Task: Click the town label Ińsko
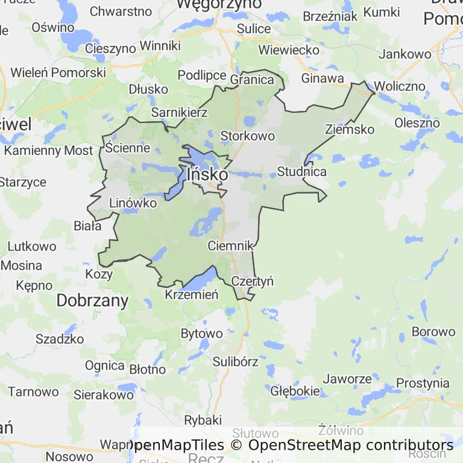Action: pos(207,174)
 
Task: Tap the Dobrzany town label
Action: pos(92,301)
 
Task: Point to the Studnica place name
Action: pos(301,172)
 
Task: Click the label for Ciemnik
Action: pos(230,246)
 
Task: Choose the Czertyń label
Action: pos(253,281)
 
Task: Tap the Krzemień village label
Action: pos(191,294)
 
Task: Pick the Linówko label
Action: pos(133,203)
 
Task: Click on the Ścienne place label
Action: pos(127,148)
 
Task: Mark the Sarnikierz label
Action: pos(179,112)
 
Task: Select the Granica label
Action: pos(252,80)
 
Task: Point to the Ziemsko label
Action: pos(349,129)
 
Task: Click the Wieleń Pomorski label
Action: pos(58,72)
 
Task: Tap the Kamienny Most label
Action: pos(49,150)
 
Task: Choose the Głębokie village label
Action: pos(295,391)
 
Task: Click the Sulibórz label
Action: pos(235,362)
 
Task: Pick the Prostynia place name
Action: pos(423,383)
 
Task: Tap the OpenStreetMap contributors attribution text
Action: pos(351,446)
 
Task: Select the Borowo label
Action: pos(433,332)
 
